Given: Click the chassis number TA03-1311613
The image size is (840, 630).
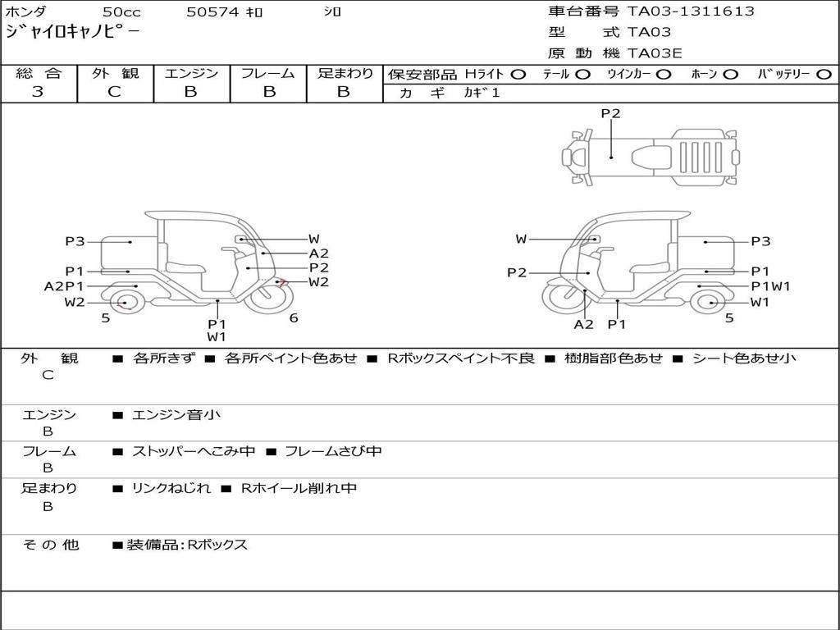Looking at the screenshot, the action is tap(691, 11).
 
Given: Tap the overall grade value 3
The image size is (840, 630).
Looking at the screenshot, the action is tap(38, 92).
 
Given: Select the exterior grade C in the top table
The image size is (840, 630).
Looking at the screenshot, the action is tap(114, 92).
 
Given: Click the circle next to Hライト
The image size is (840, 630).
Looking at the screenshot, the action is tap(518, 75).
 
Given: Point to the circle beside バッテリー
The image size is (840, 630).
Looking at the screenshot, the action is tap(824, 75).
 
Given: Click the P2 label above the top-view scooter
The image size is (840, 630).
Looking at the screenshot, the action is tap(610, 113).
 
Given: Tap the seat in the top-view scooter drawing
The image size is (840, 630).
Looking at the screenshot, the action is tap(651, 157).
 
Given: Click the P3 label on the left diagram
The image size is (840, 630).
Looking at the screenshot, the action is tap(75, 242).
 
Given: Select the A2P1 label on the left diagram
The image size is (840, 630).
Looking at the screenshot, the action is tap(64, 286).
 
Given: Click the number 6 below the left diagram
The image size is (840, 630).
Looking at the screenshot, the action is tap(294, 317).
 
